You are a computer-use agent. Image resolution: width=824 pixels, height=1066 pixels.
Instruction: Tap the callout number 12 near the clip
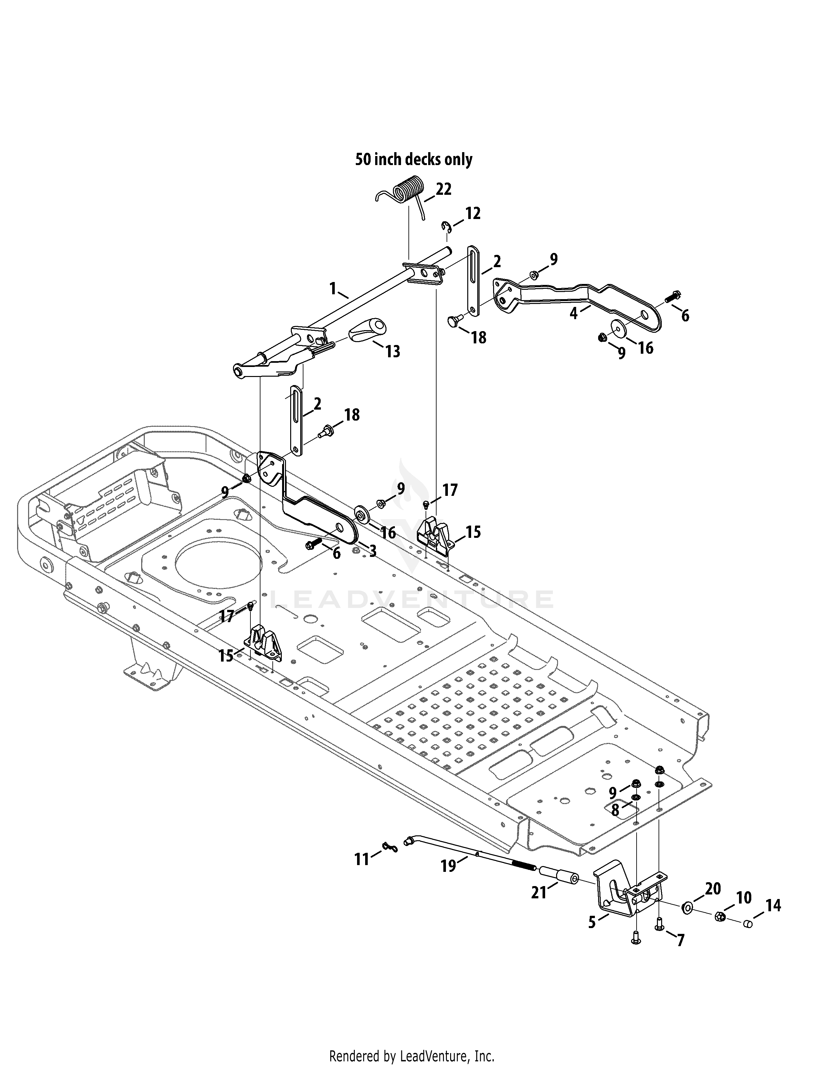[472, 213]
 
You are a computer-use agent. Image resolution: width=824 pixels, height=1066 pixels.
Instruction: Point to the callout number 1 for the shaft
[333, 289]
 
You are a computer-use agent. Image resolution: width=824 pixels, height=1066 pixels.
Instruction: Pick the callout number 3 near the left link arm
[373, 551]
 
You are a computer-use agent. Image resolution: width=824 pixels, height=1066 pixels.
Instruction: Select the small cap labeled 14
[748, 924]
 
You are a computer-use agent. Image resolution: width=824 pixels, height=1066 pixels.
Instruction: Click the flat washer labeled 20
[688, 908]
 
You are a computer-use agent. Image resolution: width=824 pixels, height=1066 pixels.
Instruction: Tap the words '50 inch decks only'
[414, 160]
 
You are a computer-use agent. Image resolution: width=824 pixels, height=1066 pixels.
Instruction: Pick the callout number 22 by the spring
[443, 189]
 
